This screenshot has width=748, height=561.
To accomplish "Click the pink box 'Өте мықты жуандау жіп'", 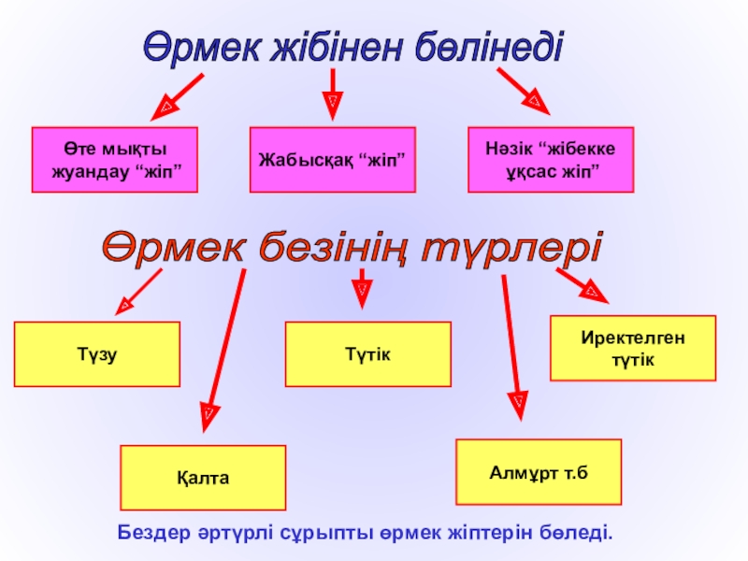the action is pyautogui.click(x=115, y=160).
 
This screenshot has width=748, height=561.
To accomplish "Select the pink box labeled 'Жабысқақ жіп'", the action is pyautogui.click(x=331, y=160).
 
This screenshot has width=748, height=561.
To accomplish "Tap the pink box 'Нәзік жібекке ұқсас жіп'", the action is pyautogui.click(x=550, y=160).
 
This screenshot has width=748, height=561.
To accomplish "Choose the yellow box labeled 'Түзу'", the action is pyautogui.click(x=97, y=354).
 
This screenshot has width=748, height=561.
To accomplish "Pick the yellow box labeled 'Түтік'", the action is pyautogui.click(x=367, y=354).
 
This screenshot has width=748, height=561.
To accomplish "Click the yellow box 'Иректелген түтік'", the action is pyautogui.click(x=632, y=348).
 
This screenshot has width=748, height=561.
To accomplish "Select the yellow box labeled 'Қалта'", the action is pyautogui.click(x=203, y=478).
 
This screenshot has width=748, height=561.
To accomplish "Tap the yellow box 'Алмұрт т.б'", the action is pyautogui.click(x=538, y=472).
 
